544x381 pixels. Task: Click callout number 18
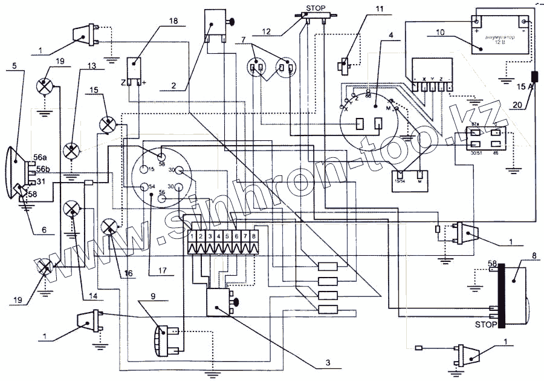click(x=173, y=21)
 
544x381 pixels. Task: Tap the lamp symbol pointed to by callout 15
click(x=108, y=124)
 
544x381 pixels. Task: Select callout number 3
click(x=327, y=363)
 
